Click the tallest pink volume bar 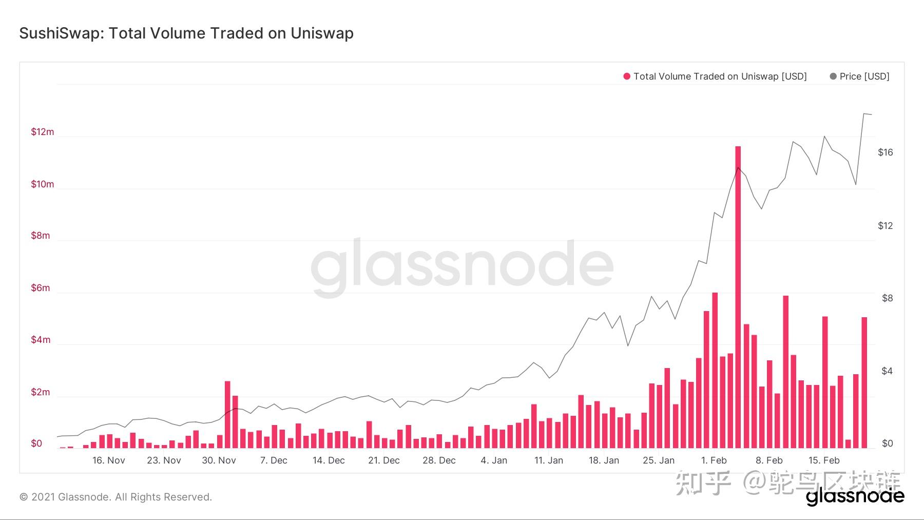tap(738, 298)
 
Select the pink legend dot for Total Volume tap(626, 76)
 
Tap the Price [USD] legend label tap(864, 76)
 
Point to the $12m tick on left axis tap(42, 132)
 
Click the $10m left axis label tap(42, 184)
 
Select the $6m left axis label tap(41, 288)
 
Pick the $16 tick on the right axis tap(885, 152)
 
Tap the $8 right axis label tap(887, 298)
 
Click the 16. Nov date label tap(108, 460)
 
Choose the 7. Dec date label tap(274, 460)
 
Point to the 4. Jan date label tap(494, 460)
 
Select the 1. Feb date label tap(714, 460)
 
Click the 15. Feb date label tap(824, 460)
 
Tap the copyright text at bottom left tap(115, 497)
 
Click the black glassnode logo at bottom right tap(855, 496)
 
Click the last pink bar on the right tap(864, 382)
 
